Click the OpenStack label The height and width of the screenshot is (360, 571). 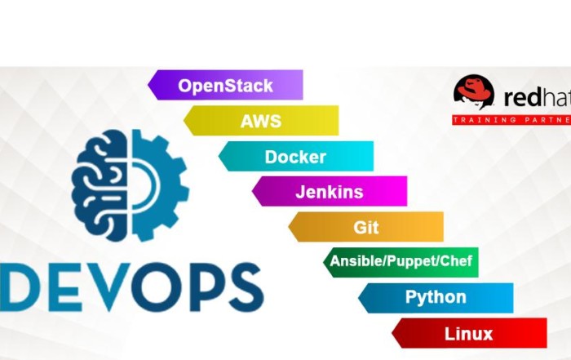click(225, 85)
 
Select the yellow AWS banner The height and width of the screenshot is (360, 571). click(261, 121)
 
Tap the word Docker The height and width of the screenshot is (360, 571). click(295, 157)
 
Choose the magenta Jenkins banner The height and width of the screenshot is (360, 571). click(330, 193)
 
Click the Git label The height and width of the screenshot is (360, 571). click(366, 227)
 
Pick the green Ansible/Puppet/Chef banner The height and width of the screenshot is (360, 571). click(401, 262)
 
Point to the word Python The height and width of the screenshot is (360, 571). click(436, 298)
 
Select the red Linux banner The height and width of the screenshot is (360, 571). click(469, 333)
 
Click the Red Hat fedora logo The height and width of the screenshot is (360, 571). click(474, 92)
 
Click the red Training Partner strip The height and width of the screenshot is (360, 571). click(511, 120)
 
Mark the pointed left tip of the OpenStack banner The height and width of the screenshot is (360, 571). click(149, 85)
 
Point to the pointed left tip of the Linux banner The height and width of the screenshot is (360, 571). click(393, 333)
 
